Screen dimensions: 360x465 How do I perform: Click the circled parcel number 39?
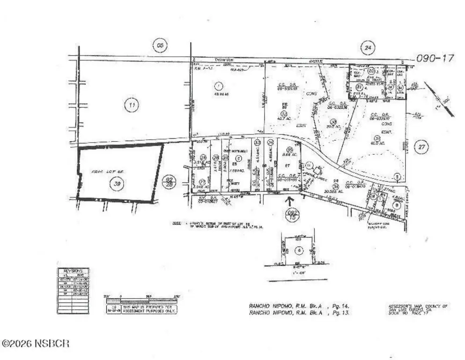pos(117,184)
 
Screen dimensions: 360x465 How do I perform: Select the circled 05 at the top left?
pos(160,46)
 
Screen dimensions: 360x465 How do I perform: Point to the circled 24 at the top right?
pos(368,47)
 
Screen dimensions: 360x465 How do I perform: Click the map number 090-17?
pos(435,59)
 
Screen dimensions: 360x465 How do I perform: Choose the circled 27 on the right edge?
pos(421,147)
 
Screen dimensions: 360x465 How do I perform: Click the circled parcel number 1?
pos(218,86)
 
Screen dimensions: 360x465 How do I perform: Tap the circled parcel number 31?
pos(377,138)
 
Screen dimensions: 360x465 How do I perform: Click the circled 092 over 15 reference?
pos(291,215)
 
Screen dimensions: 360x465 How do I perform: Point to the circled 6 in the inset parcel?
pos(299,250)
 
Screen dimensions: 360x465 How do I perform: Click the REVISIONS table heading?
pos(73,271)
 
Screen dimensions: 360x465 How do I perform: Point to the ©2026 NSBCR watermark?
pos(36,344)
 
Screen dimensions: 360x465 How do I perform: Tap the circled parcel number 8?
pos(397,205)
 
